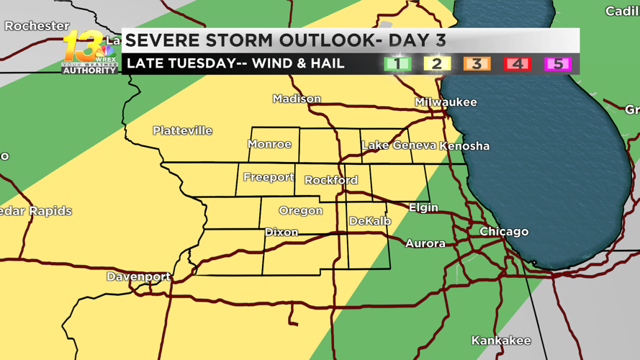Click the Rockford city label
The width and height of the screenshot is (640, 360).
pyautogui.click(x=330, y=180)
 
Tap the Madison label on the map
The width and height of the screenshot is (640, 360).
pyautogui.click(x=297, y=99)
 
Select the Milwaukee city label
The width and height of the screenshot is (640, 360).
pyautogui.click(x=446, y=102)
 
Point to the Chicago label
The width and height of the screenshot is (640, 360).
pyautogui.click(x=504, y=232)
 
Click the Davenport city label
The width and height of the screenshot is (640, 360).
pyautogui.click(x=138, y=276)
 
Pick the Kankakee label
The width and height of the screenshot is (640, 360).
pyautogui.click(x=501, y=340)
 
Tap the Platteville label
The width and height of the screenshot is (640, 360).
pyautogui.click(x=182, y=130)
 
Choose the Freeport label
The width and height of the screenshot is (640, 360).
pyautogui.click(x=269, y=177)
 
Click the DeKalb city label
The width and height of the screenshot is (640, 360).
pyautogui.click(x=369, y=221)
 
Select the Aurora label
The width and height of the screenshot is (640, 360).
pyautogui.click(x=425, y=243)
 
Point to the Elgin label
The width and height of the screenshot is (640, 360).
pyautogui.click(x=423, y=207)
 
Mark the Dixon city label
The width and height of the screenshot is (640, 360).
pyautogui.click(x=281, y=232)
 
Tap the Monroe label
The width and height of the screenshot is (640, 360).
pyautogui.click(x=269, y=144)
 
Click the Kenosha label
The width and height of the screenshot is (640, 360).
pyautogui.click(x=465, y=145)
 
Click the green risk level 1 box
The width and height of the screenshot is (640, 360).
pyautogui.click(x=397, y=63)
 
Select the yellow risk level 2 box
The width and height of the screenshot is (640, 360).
pyautogui.click(x=436, y=63)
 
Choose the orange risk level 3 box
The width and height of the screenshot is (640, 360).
pyautogui.click(x=477, y=63)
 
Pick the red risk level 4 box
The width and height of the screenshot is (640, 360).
pyautogui.click(x=517, y=63)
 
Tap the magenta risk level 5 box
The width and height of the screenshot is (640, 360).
pyautogui.click(x=557, y=63)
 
